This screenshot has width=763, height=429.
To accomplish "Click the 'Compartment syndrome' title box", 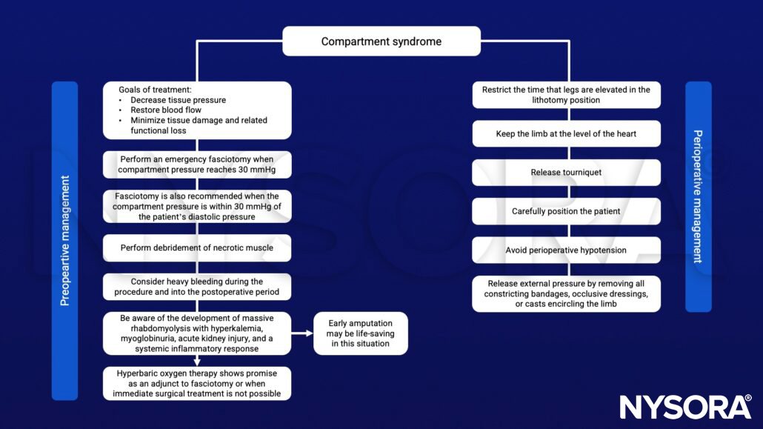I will [381, 41].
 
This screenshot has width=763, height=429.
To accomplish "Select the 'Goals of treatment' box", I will [196, 110].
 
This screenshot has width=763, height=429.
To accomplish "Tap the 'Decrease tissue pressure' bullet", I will [178, 100].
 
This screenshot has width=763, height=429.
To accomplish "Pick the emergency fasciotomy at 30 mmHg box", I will [196, 165].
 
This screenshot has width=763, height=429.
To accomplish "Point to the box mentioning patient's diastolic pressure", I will [196, 207].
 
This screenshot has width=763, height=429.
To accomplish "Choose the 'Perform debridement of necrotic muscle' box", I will [196, 248].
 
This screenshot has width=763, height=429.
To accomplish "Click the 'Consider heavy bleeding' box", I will [196, 287].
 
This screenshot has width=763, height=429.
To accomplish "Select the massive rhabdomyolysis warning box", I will [196, 333].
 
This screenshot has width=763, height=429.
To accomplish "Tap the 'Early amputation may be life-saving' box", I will [360, 333].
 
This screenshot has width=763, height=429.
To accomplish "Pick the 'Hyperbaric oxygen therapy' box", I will [196, 383].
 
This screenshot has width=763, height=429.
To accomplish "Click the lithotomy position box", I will [566, 95].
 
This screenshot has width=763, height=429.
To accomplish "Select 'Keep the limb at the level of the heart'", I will [566, 134].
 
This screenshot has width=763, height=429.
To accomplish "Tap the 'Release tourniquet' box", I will [566, 173].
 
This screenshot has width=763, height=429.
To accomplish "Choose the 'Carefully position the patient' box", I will [566, 211].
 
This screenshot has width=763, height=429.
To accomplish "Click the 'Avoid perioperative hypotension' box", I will [566, 250].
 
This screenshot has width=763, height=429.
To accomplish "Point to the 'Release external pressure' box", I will [566, 294].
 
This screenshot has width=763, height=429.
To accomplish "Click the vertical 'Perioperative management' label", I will [698, 196].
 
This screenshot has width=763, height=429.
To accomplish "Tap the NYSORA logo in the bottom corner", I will [685, 407].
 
